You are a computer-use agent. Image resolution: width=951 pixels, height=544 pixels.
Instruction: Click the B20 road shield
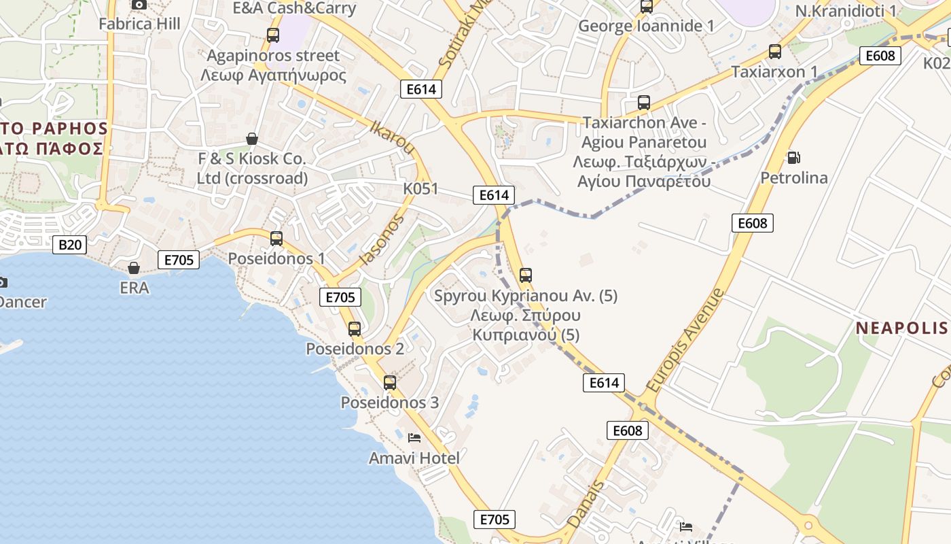(69, 244)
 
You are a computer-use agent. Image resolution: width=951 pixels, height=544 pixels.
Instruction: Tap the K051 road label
(420, 189)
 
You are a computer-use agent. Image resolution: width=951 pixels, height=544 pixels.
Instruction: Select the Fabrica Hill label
(139, 24)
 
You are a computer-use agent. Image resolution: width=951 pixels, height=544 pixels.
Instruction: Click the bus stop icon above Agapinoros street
(273, 35)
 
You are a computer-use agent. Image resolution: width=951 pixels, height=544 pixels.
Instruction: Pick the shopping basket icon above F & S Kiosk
(252, 139)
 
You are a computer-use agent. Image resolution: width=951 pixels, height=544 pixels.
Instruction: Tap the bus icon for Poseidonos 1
(276, 239)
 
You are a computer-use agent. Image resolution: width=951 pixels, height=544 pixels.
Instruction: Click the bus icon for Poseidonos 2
(355, 329)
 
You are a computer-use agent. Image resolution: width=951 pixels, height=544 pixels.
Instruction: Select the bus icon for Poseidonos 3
(390, 382)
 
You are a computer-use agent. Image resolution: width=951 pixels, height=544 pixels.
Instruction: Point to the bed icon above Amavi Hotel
(414, 437)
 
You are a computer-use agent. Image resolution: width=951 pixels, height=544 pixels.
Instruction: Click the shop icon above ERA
(134, 268)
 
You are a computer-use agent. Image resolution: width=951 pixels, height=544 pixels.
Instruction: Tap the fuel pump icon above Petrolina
(793, 158)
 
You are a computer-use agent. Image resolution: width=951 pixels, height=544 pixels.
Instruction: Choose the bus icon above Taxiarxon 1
(775, 52)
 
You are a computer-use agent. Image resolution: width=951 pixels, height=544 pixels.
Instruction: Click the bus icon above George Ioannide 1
(647, 7)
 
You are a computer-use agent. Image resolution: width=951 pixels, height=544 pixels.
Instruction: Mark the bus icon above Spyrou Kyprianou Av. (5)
(526, 275)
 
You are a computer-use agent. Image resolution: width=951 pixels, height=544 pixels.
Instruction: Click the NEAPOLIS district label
(901, 328)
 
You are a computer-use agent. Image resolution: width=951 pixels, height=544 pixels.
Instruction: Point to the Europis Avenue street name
(686, 340)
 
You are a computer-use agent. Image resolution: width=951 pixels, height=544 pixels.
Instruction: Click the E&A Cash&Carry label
(294, 8)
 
